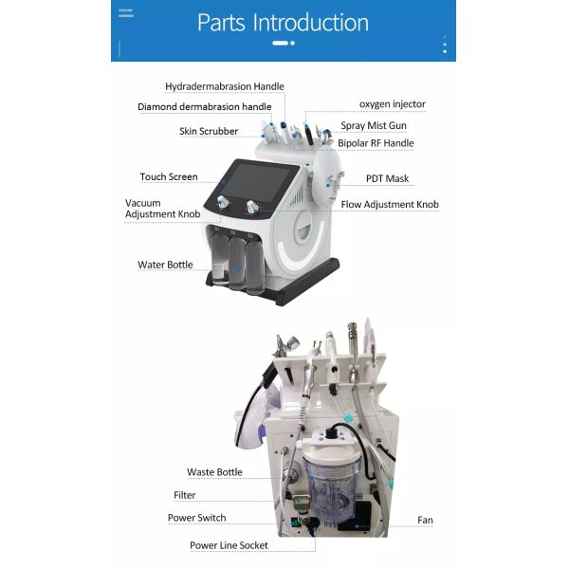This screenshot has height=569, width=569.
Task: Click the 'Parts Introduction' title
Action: pyautogui.click(x=283, y=22)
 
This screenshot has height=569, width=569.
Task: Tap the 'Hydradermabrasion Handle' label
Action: pyautogui.click(x=225, y=86)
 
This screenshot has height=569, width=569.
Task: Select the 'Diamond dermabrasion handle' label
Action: pyautogui.click(x=205, y=107)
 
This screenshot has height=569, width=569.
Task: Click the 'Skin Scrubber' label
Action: pyautogui.click(x=209, y=131)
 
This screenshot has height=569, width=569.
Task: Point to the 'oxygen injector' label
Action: pyautogui.click(x=392, y=103)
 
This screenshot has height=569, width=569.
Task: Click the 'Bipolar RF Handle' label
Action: pyautogui.click(x=376, y=143)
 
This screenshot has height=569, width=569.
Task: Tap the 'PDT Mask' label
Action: pyautogui.click(x=387, y=178)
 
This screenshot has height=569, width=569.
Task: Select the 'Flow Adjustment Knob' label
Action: pyautogui.click(x=390, y=204)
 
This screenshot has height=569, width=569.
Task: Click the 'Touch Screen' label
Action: pyautogui.click(x=169, y=176)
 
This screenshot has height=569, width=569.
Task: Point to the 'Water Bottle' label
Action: pyautogui.click(x=165, y=265)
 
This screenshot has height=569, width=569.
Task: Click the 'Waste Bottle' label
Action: pyautogui.click(x=214, y=471)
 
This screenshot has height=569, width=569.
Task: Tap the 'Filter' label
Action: pyautogui.click(x=185, y=495)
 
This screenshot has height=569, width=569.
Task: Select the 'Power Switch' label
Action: pyautogui.click(x=197, y=518)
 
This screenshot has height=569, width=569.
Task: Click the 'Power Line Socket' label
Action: pyautogui.click(x=228, y=544)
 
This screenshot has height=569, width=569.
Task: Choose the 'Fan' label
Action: pyautogui.click(x=425, y=520)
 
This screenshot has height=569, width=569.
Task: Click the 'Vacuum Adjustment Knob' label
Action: pyautogui.click(x=162, y=209)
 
